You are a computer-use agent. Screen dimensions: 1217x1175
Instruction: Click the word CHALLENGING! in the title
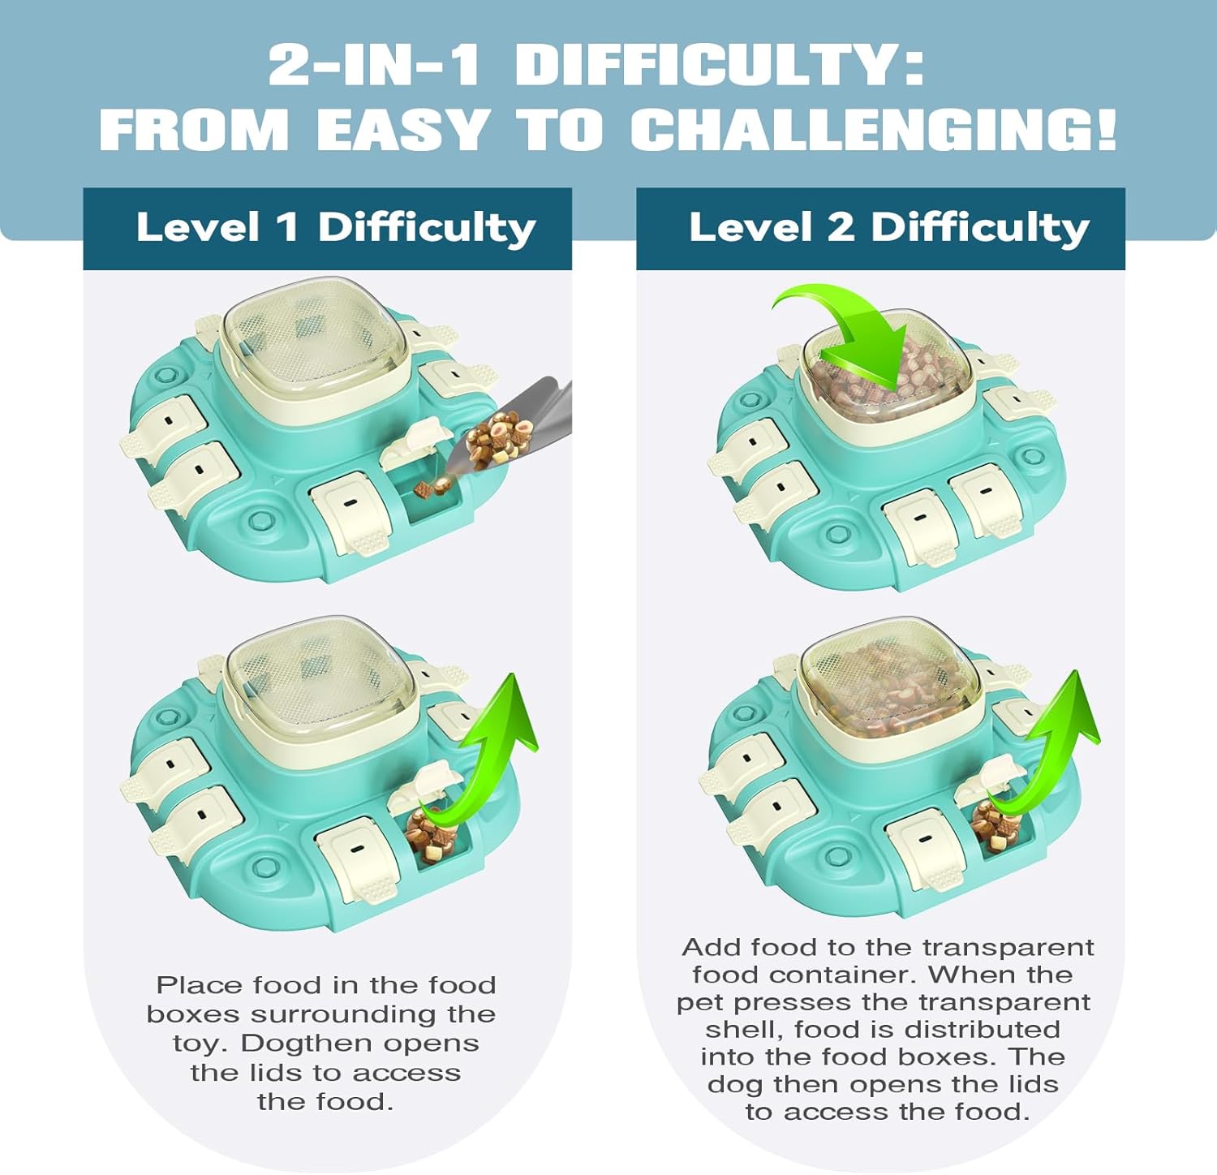pos(874,130)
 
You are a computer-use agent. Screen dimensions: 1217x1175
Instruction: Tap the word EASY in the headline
pos(403,130)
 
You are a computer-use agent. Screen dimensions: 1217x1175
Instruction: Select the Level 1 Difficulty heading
pos(336,228)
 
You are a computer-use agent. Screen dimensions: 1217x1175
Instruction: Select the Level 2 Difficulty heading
pos(889,228)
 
